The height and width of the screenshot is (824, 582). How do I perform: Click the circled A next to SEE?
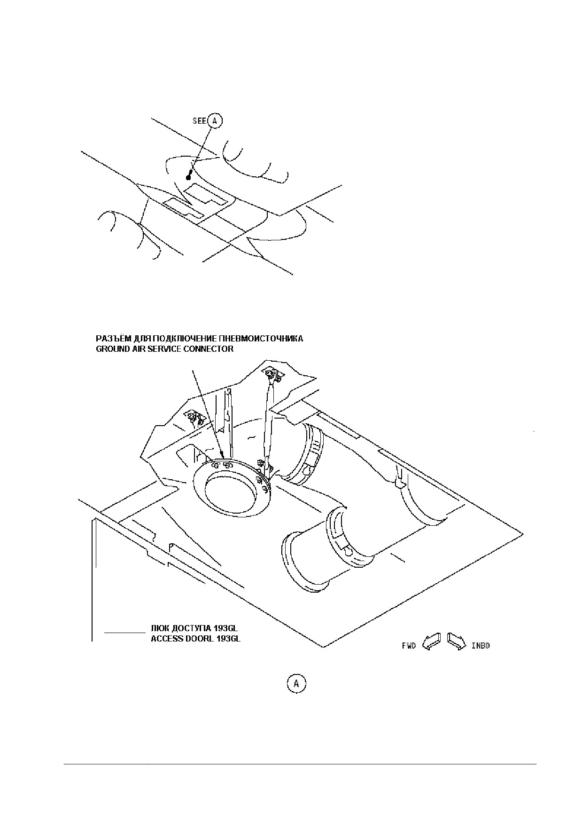(x=215, y=121)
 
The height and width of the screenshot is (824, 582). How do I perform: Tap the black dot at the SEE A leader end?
(x=188, y=178)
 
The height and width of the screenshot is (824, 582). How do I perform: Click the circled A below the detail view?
(x=296, y=683)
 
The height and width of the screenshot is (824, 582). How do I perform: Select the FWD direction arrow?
(x=432, y=642)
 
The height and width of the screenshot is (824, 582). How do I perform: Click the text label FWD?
(x=408, y=646)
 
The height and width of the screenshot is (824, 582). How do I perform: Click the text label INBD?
(x=481, y=646)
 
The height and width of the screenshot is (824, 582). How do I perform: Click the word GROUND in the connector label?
(x=113, y=349)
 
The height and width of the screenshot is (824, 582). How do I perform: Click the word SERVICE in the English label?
(x=155, y=349)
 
